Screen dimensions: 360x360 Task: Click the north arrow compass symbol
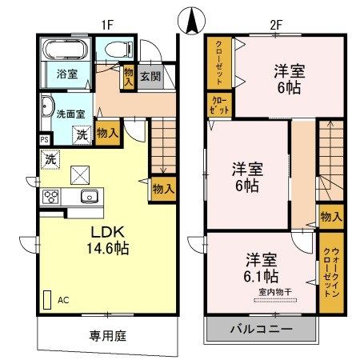point(192,22)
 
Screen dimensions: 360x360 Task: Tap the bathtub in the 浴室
point(66,50)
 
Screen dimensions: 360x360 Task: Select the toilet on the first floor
point(118,50)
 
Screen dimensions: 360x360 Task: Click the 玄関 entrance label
point(150,77)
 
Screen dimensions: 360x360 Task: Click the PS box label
point(45,140)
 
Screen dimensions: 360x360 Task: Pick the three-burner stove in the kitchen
point(50,197)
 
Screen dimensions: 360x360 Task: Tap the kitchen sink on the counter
point(90,196)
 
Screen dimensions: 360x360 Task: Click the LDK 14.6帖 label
point(108,240)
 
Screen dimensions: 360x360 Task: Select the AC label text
point(63,300)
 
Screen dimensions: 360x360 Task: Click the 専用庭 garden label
point(108,336)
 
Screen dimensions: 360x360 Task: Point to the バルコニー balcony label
point(262,330)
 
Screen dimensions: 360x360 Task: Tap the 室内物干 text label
point(275,292)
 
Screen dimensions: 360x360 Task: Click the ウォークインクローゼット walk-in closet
point(331,273)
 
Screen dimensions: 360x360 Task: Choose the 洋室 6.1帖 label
point(262,268)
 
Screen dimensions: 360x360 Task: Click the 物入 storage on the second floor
point(331,217)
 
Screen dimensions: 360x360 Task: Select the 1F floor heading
point(108,26)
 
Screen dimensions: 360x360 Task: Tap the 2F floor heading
point(276,26)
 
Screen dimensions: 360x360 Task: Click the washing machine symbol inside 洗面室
point(82,135)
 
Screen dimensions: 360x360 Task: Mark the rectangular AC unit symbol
point(47,300)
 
